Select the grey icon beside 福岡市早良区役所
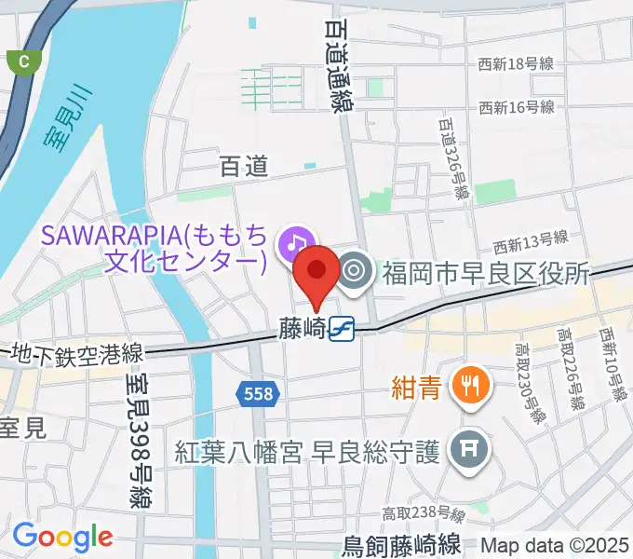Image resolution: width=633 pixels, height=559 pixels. click(x=354, y=271)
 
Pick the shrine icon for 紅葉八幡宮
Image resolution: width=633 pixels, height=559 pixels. click(x=465, y=453)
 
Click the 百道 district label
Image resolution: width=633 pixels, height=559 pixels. click(x=244, y=167)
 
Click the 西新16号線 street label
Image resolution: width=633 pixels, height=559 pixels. click(x=517, y=108)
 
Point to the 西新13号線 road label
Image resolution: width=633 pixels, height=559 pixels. click(x=531, y=244)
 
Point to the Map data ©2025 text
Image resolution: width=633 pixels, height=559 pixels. click(x=556, y=544)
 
